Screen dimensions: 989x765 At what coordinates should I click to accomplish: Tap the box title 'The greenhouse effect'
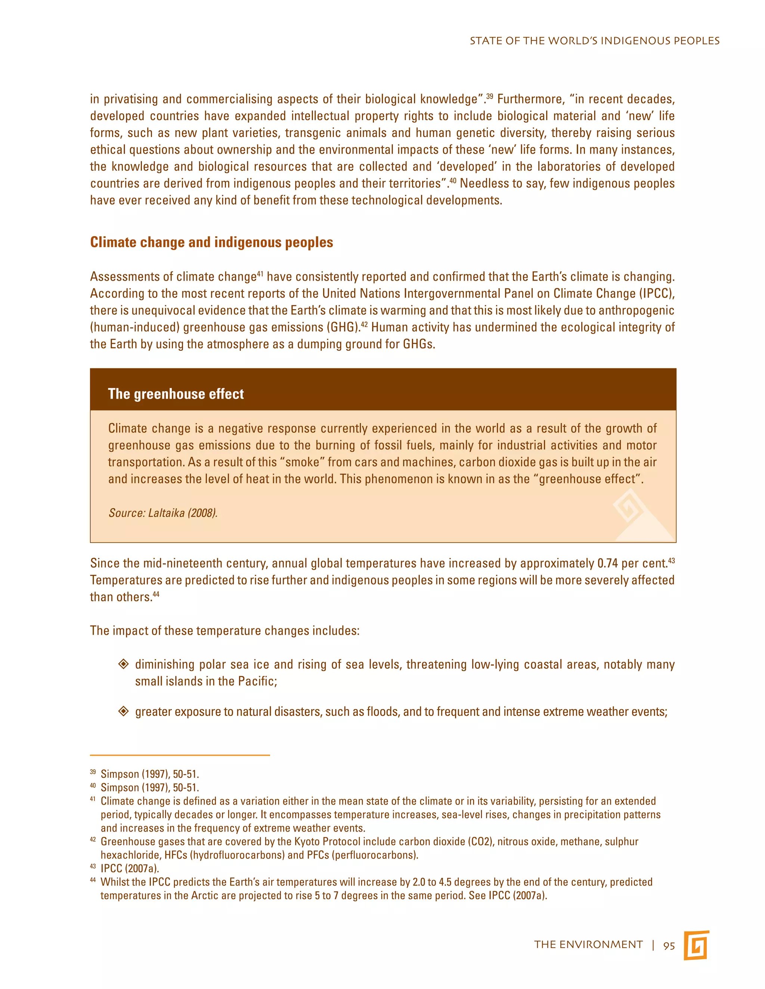tap(176, 394)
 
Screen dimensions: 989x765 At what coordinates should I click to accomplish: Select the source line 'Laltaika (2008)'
tap(163, 513)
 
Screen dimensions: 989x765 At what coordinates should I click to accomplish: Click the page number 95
tap(669, 946)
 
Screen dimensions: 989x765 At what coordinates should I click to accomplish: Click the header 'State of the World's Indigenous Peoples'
tap(594, 41)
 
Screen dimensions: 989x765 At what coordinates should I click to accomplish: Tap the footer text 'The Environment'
tap(588, 945)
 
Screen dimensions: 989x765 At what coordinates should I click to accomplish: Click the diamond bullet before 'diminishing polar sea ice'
tap(123, 664)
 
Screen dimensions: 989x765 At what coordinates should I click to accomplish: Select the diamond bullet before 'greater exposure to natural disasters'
tap(123, 711)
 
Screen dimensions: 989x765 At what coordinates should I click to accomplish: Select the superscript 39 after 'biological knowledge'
tap(489, 96)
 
